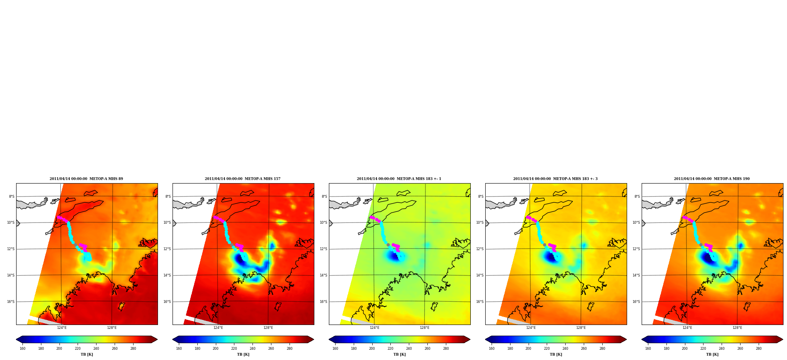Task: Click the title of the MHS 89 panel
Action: tap(86, 179)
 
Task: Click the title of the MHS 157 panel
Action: tap(243, 179)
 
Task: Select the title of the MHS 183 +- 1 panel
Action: tap(399, 179)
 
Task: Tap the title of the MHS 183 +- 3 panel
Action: tap(555, 179)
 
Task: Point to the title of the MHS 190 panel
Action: tap(712, 179)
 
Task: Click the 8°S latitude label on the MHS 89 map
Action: tap(11, 197)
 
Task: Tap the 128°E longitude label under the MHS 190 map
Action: tap(737, 328)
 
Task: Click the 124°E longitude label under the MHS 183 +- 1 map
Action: tap(375, 328)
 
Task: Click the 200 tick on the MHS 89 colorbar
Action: tap(59, 349)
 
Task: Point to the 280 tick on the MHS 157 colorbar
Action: tap(290, 349)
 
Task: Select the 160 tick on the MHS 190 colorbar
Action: tap(648, 349)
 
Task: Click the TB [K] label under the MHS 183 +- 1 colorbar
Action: tap(399, 354)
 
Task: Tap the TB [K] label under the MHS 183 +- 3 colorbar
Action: tap(556, 354)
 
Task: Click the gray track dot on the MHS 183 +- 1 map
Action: tap(388, 245)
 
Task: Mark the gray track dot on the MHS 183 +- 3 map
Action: tap(544, 245)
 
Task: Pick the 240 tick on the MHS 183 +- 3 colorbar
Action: tap(565, 349)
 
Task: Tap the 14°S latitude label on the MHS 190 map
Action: tap(636, 275)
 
